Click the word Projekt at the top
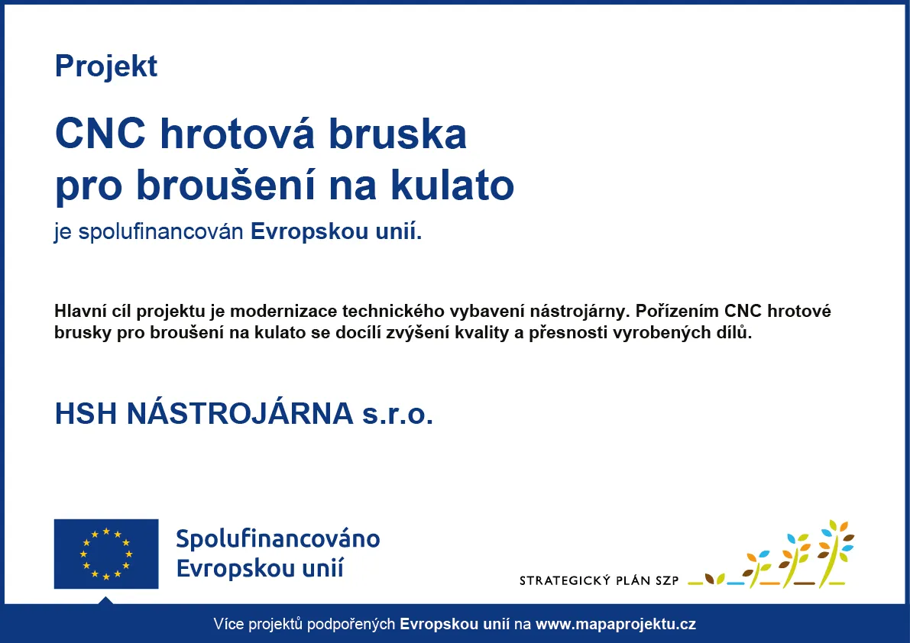click(105, 66)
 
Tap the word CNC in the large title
click(100, 134)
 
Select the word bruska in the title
click(397, 134)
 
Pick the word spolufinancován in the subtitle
click(160, 232)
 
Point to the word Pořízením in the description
click(677, 312)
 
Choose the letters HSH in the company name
click(86, 414)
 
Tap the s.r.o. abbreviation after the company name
click(398, 415)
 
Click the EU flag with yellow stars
click(106, 554)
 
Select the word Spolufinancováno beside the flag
click(278, 539)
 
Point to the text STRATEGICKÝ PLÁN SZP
click(599, 580)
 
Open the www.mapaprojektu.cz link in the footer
click(616, 625)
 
